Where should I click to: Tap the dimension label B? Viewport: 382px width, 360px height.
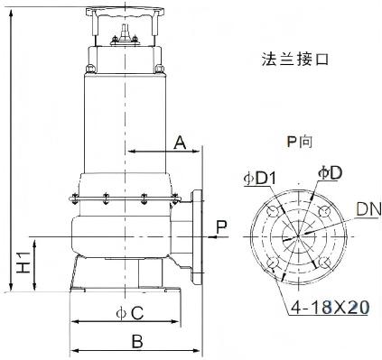click(137, 341)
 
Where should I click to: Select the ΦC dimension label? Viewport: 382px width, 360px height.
click(130, 313)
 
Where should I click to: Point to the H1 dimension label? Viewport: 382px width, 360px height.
click(23, 263)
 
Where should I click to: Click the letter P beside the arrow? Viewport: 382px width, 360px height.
click(222, 227)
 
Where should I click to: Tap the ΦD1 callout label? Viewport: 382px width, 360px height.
click(259, 179)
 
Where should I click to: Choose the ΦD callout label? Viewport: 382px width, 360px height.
click(330, 173)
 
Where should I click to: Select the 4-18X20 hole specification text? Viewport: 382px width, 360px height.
click(330, 308)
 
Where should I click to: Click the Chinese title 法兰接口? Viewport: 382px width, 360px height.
click(294, 60)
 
